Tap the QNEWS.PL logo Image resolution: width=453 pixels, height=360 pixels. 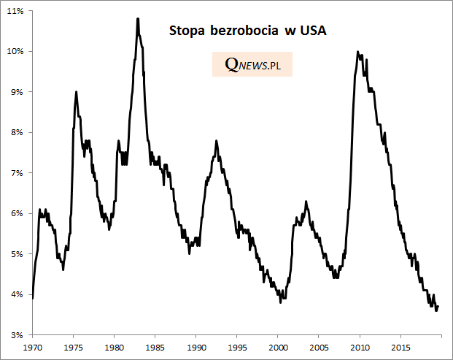pos(252,65)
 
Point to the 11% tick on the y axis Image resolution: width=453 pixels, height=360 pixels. pos(17,11)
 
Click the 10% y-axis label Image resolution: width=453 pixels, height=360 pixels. pos(17,51)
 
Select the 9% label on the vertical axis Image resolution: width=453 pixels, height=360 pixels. pos(18,92)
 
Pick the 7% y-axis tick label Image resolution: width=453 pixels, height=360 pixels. pos(18,173)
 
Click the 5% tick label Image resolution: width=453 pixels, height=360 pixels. pos(18,254)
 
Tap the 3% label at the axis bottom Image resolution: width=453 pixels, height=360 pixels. pos(18,335)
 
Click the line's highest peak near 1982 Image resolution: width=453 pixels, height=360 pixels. pos(137,18)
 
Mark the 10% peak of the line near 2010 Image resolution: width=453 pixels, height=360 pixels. pos(357,52)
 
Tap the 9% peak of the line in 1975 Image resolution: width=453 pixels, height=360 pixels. pos(77,92)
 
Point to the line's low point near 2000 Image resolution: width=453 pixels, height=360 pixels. pos(281,302)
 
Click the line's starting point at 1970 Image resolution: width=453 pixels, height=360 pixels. pos(33,298)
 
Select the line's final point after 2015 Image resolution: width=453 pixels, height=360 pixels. pos(438,306)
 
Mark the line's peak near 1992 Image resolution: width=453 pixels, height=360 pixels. pos(216,141)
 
